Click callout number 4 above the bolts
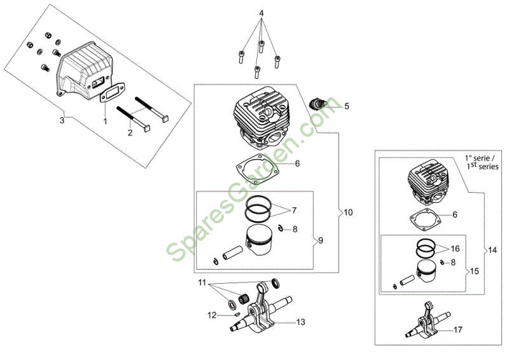261,13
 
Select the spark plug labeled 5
317,104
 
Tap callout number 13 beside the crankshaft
301,322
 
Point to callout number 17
457,330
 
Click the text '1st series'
483,166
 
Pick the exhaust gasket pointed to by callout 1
112,92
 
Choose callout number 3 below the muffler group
62,120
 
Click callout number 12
212,315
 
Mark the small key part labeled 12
237,314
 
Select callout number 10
348,212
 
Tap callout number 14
492,250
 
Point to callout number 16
456,249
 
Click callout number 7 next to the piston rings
294,211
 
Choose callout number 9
321,240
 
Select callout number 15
474,271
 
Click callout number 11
202,282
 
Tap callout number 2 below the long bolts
130,132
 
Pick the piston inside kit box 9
259,240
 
